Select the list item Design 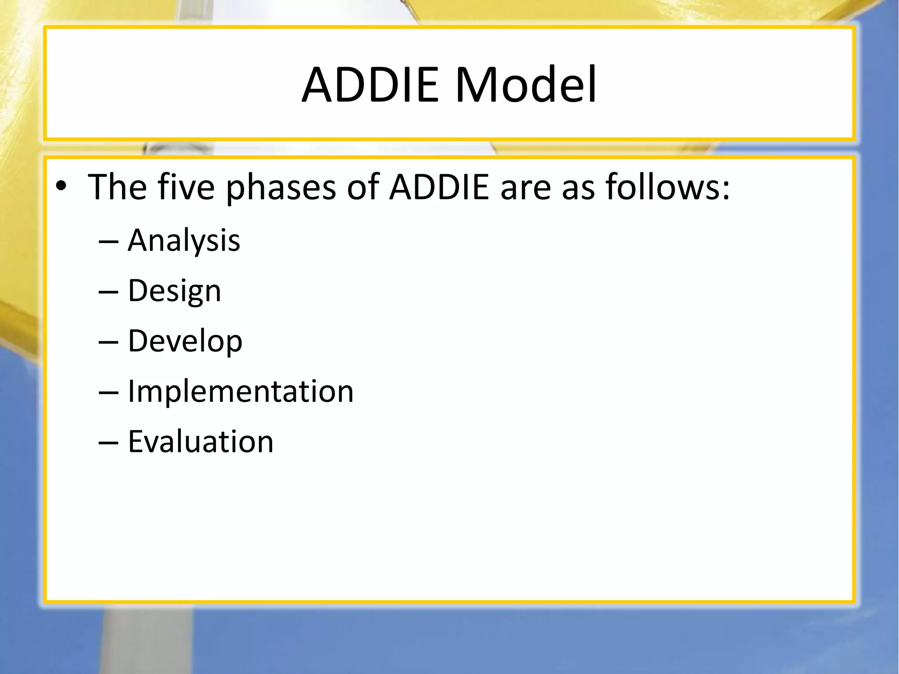(174, 291)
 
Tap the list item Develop (185, 341)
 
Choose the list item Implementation (241, 391)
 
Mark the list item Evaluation (201, 441)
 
